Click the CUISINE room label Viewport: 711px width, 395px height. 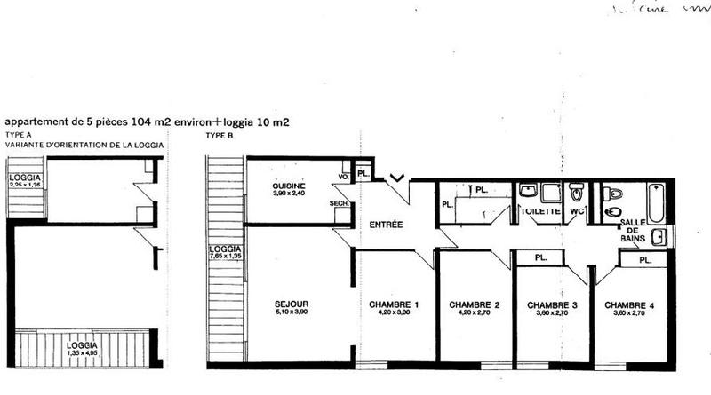pos(289,186)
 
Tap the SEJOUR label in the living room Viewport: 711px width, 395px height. pos(291,304)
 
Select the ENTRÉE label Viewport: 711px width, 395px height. pos(387,225)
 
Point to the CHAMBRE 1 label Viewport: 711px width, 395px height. pos(394,304)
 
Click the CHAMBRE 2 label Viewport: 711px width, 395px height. pos(474,304)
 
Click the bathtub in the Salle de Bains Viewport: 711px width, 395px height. pos(655,202)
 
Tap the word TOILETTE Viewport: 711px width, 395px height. pos(539,212)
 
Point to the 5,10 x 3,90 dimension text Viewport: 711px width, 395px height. pos(291,313)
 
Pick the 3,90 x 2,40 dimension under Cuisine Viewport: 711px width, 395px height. pos(289,194)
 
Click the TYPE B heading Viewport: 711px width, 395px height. pos(219,135)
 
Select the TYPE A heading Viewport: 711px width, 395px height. pos(18,135)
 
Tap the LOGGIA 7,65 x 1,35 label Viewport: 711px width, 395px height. pos(226,251)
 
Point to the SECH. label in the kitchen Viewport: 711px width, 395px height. pos(339,203)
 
